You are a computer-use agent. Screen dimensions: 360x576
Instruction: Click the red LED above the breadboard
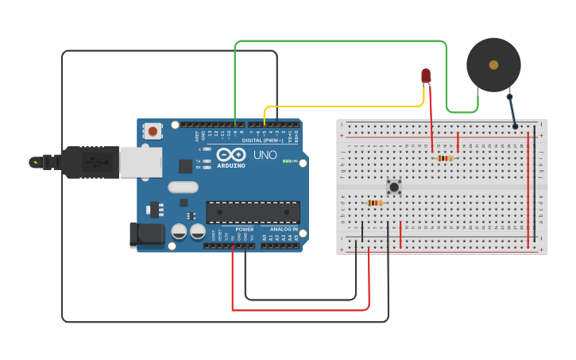[x=426, y=75]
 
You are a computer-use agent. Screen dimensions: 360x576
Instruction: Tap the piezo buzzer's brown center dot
[x=493, y=65]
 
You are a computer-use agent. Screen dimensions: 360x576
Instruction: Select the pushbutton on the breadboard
[x=394, y=187]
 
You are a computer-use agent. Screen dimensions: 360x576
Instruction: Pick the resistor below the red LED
[x=445, y=158]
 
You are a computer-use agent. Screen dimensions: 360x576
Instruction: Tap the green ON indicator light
[x=287, y=161]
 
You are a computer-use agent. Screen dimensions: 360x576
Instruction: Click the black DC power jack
[x=147, y=234]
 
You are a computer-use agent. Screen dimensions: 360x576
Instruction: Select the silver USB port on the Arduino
[x=140, y=162]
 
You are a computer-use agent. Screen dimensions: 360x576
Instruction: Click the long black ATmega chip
[x=253, y=212]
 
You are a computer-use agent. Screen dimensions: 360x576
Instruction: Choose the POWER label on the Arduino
[x=244, y=230]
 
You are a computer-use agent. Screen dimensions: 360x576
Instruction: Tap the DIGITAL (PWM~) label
[x=262, y=141]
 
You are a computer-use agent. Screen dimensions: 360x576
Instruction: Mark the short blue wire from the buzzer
[x=512, y=110]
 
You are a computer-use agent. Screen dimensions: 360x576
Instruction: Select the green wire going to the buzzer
[x=342, y=41]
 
